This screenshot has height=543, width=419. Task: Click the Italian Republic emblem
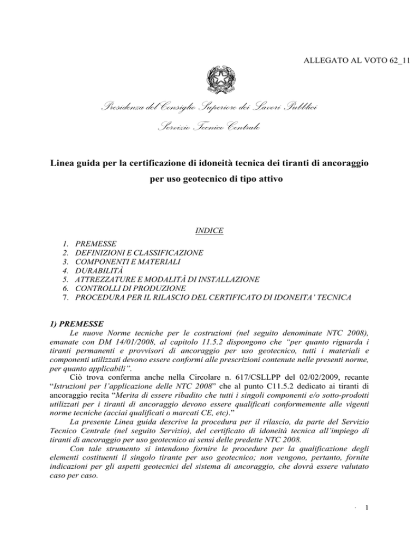point(209,82)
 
